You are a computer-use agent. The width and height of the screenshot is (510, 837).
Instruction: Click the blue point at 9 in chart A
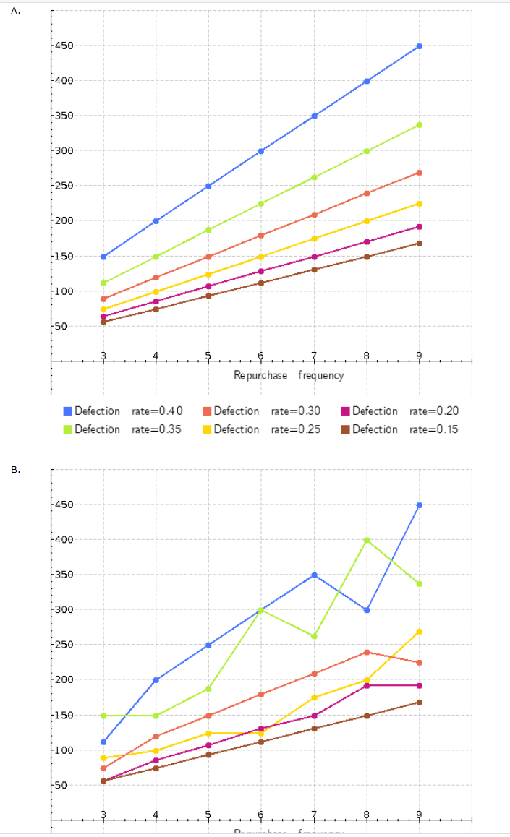(419, 46)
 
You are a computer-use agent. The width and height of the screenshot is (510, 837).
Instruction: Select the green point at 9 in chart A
(419, 125)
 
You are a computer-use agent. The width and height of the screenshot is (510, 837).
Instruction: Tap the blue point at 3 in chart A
(103, 257)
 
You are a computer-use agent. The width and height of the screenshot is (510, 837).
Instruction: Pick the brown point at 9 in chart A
(419, 244)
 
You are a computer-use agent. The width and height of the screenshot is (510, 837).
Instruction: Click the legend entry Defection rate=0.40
(123, 411)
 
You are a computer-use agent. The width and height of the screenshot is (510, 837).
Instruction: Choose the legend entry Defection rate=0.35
(123, 429)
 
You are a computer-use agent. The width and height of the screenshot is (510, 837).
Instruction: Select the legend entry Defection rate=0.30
(262, 411)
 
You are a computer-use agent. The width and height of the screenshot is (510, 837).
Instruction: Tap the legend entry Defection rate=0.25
(262, 429)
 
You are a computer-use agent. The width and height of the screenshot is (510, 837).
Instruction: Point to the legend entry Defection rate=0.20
(400, 411)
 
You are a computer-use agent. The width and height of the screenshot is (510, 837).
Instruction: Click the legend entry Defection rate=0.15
(400, 429)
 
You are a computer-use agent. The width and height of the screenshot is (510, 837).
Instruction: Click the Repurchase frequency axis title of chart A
(289, 375)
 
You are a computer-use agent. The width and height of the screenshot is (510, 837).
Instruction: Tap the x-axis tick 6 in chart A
(261, 355)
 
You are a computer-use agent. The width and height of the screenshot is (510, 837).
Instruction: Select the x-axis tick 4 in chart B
(156, 814)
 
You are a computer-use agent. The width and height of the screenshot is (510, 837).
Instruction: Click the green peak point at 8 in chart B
(367, 540)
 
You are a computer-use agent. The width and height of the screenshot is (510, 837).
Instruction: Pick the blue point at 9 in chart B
(419, 505)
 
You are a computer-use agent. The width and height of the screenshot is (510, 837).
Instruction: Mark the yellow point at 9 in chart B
(419, 632)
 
